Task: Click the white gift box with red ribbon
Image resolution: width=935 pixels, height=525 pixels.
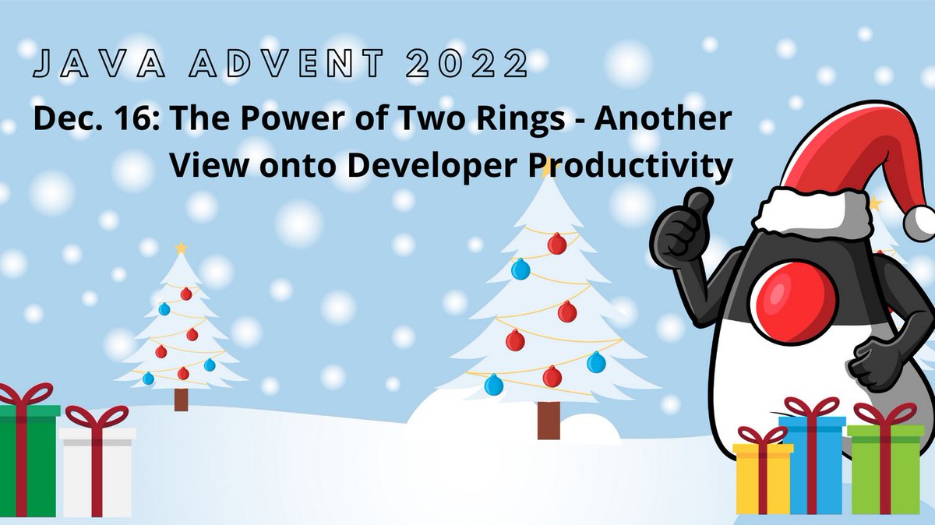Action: point(97,471)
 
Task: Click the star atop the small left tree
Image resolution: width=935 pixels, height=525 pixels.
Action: point(182,248)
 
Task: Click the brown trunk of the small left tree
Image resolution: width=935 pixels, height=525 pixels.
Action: point(182,399)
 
